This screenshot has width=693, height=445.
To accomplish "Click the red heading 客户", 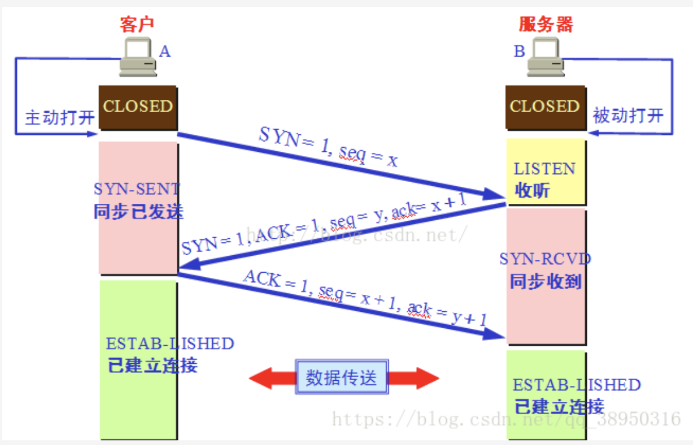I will click(138, 25).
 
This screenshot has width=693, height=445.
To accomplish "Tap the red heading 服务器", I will click(546, 25).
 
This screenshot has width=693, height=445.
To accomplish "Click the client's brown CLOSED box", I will click(138, 107).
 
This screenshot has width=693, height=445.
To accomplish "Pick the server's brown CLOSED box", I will click(545, 107).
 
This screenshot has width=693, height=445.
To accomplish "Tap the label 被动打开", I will click(628, 115).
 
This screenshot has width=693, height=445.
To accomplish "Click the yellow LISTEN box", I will click(545, 172).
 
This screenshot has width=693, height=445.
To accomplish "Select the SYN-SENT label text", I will click(137, 189).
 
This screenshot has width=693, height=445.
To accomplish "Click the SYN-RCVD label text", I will click(545, 259).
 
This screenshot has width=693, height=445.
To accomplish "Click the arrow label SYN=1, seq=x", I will click(328, 148).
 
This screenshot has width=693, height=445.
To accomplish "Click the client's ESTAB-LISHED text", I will click(170, 343).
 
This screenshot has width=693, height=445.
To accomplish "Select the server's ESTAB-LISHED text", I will click(576, 385).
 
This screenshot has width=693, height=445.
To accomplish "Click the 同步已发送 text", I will click(138, 211).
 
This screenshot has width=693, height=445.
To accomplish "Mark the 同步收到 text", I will click(545, 281).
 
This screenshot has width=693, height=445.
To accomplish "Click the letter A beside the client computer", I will click(165, 52).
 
